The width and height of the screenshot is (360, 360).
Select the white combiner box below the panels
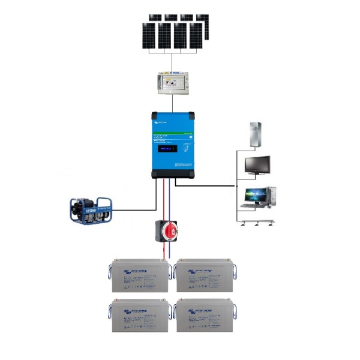[x=173, y=82]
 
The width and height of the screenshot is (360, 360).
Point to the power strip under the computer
[x=257, y=223]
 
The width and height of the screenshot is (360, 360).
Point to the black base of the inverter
[x=174, y=174]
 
